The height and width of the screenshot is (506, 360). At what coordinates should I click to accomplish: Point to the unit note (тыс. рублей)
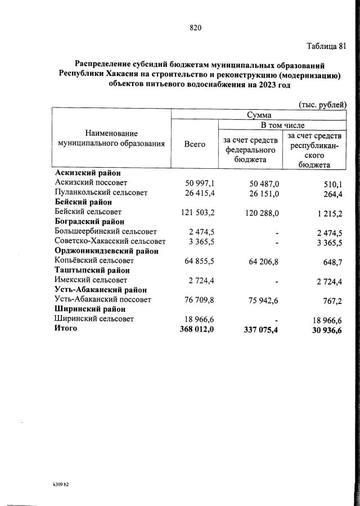pyautogui.click(x=322, y=104)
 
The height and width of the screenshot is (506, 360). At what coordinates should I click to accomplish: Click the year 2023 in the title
pyautogui.click(x=260, y=85)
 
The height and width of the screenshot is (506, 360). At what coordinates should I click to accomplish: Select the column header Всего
pyautogui.click(x=195, y=144)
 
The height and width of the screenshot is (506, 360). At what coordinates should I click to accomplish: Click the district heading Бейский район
pyautogui.click(x=83, y=202)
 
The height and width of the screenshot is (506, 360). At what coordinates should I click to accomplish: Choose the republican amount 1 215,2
pyautogui.click(x=326, y=212)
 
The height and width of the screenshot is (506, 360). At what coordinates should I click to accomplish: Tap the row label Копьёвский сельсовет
pyautogui.click(x=94, y=261)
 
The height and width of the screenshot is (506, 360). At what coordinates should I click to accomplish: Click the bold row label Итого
pyautogui.click(x=66, y=328)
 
